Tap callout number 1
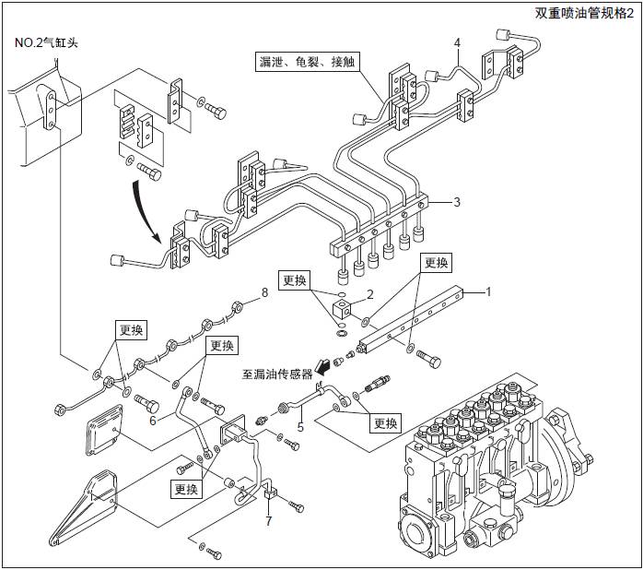click(489, 291)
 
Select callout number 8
click(264, 292)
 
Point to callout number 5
click(299, 427)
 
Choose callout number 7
click(268, 521)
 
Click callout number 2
click(368, 294)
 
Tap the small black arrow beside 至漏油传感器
click(323, 365)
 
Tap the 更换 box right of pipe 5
click(385, 422)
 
